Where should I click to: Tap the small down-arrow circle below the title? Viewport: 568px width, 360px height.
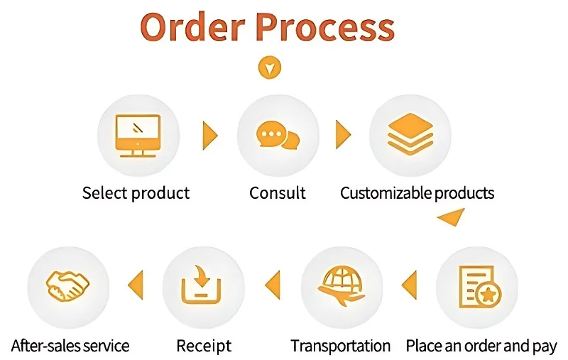point(270,68)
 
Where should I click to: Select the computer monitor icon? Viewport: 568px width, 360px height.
point(138,135)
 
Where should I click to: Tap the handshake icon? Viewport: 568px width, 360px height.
point(67,286)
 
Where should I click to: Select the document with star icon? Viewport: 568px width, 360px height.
point(478,286)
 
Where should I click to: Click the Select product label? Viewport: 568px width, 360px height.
point(136,192)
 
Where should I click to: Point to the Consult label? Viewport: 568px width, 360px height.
point(278,192)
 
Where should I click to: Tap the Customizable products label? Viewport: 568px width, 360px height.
point(417,192)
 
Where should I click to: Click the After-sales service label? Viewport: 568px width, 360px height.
point(70,347)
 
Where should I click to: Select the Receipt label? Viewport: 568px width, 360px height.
point(204,347)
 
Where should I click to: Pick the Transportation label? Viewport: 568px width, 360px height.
point(341,347)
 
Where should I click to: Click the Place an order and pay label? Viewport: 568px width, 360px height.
point(481,347)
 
